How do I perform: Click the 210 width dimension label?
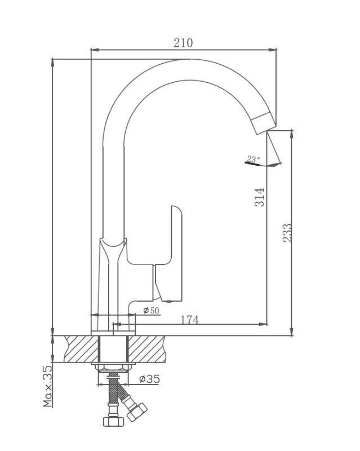(x=183, y=43)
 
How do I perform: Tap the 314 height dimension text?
(x=259, y=197)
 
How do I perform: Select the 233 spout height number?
(x=287, y=233)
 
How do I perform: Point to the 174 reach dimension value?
(x=189, y=320)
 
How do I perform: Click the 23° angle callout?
(x=254, y=159)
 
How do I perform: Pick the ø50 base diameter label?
(x=151, y=311)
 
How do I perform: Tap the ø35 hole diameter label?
(x=149, y=379)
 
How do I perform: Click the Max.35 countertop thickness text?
(x=48, y=386)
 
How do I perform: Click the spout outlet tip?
(x=264, y=123)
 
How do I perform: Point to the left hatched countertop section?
(x=81, y=349)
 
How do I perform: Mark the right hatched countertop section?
(x=146, y=349)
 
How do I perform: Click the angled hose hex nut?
(x=137, y=412)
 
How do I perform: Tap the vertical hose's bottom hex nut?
(x=113, y=421)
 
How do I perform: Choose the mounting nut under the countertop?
(x=113, y=368)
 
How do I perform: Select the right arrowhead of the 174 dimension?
(x=263, y=324)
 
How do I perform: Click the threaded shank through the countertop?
(x=113, y=349)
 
